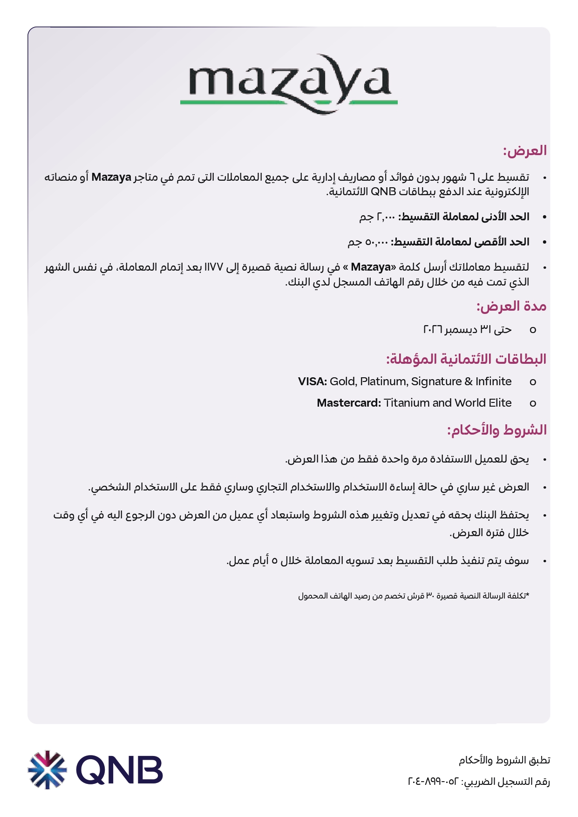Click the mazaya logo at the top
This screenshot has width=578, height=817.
point(289,84)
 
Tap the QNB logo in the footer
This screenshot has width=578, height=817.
point(95,769)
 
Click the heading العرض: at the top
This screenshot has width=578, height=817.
point(524,150)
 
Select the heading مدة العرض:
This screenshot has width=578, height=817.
point(511,306)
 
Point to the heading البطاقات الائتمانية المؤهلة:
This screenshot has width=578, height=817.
point(466,359)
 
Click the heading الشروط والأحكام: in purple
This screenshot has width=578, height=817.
point(496,429)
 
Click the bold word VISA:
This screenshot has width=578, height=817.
point(313,381)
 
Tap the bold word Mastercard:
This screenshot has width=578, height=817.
point(349,403)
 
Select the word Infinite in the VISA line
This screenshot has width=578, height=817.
point(493,381)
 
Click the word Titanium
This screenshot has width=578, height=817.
point(407,403)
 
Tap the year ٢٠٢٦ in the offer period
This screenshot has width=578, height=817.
point(433,329)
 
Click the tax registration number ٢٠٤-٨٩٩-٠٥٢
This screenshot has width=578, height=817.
point(433,781)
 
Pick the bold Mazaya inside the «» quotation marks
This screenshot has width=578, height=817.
point(371,267)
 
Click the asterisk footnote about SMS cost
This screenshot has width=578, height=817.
point(414,596)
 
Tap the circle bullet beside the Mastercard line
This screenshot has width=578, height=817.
point(533,403)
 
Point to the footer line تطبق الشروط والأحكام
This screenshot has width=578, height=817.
point(504,760)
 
